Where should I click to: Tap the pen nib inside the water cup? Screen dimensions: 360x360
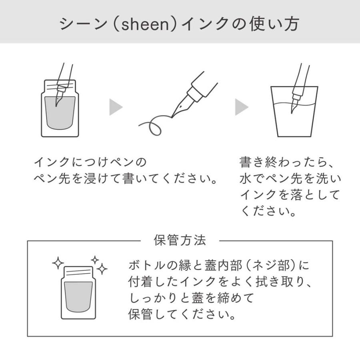294,106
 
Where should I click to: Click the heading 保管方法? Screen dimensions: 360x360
180,240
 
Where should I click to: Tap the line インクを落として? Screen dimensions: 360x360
290,195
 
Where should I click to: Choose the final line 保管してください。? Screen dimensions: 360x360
182,314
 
